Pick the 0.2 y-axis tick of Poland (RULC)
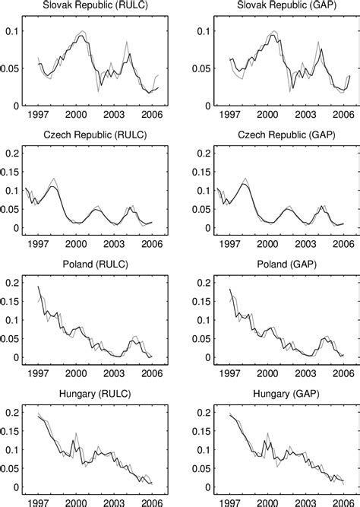coord(14,283)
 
